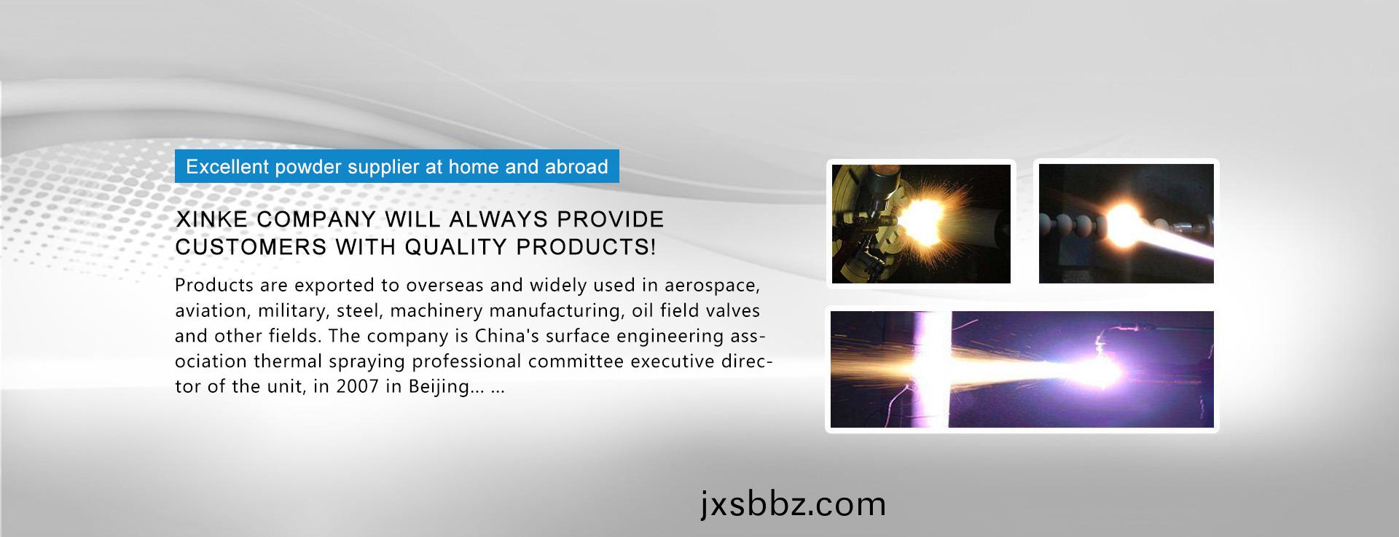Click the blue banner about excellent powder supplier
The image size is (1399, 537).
coord(397,166)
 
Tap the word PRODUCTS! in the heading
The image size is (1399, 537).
coord(586,247)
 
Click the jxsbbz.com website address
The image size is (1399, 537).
coord(793,504)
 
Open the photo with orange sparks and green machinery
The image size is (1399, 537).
coord(921,224)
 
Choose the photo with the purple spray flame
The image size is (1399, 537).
coord(1022,369)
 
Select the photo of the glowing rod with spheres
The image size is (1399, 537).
coord(1126,224)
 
